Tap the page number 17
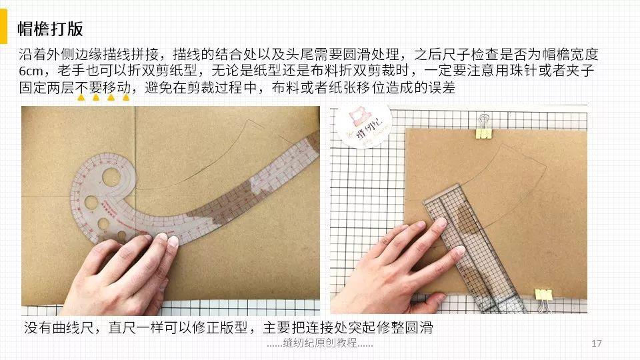[597, 343]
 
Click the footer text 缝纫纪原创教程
[319, 343]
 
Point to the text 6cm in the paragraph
[33, 71]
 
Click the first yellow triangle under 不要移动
[81, 98]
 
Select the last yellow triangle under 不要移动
[125, 98]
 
